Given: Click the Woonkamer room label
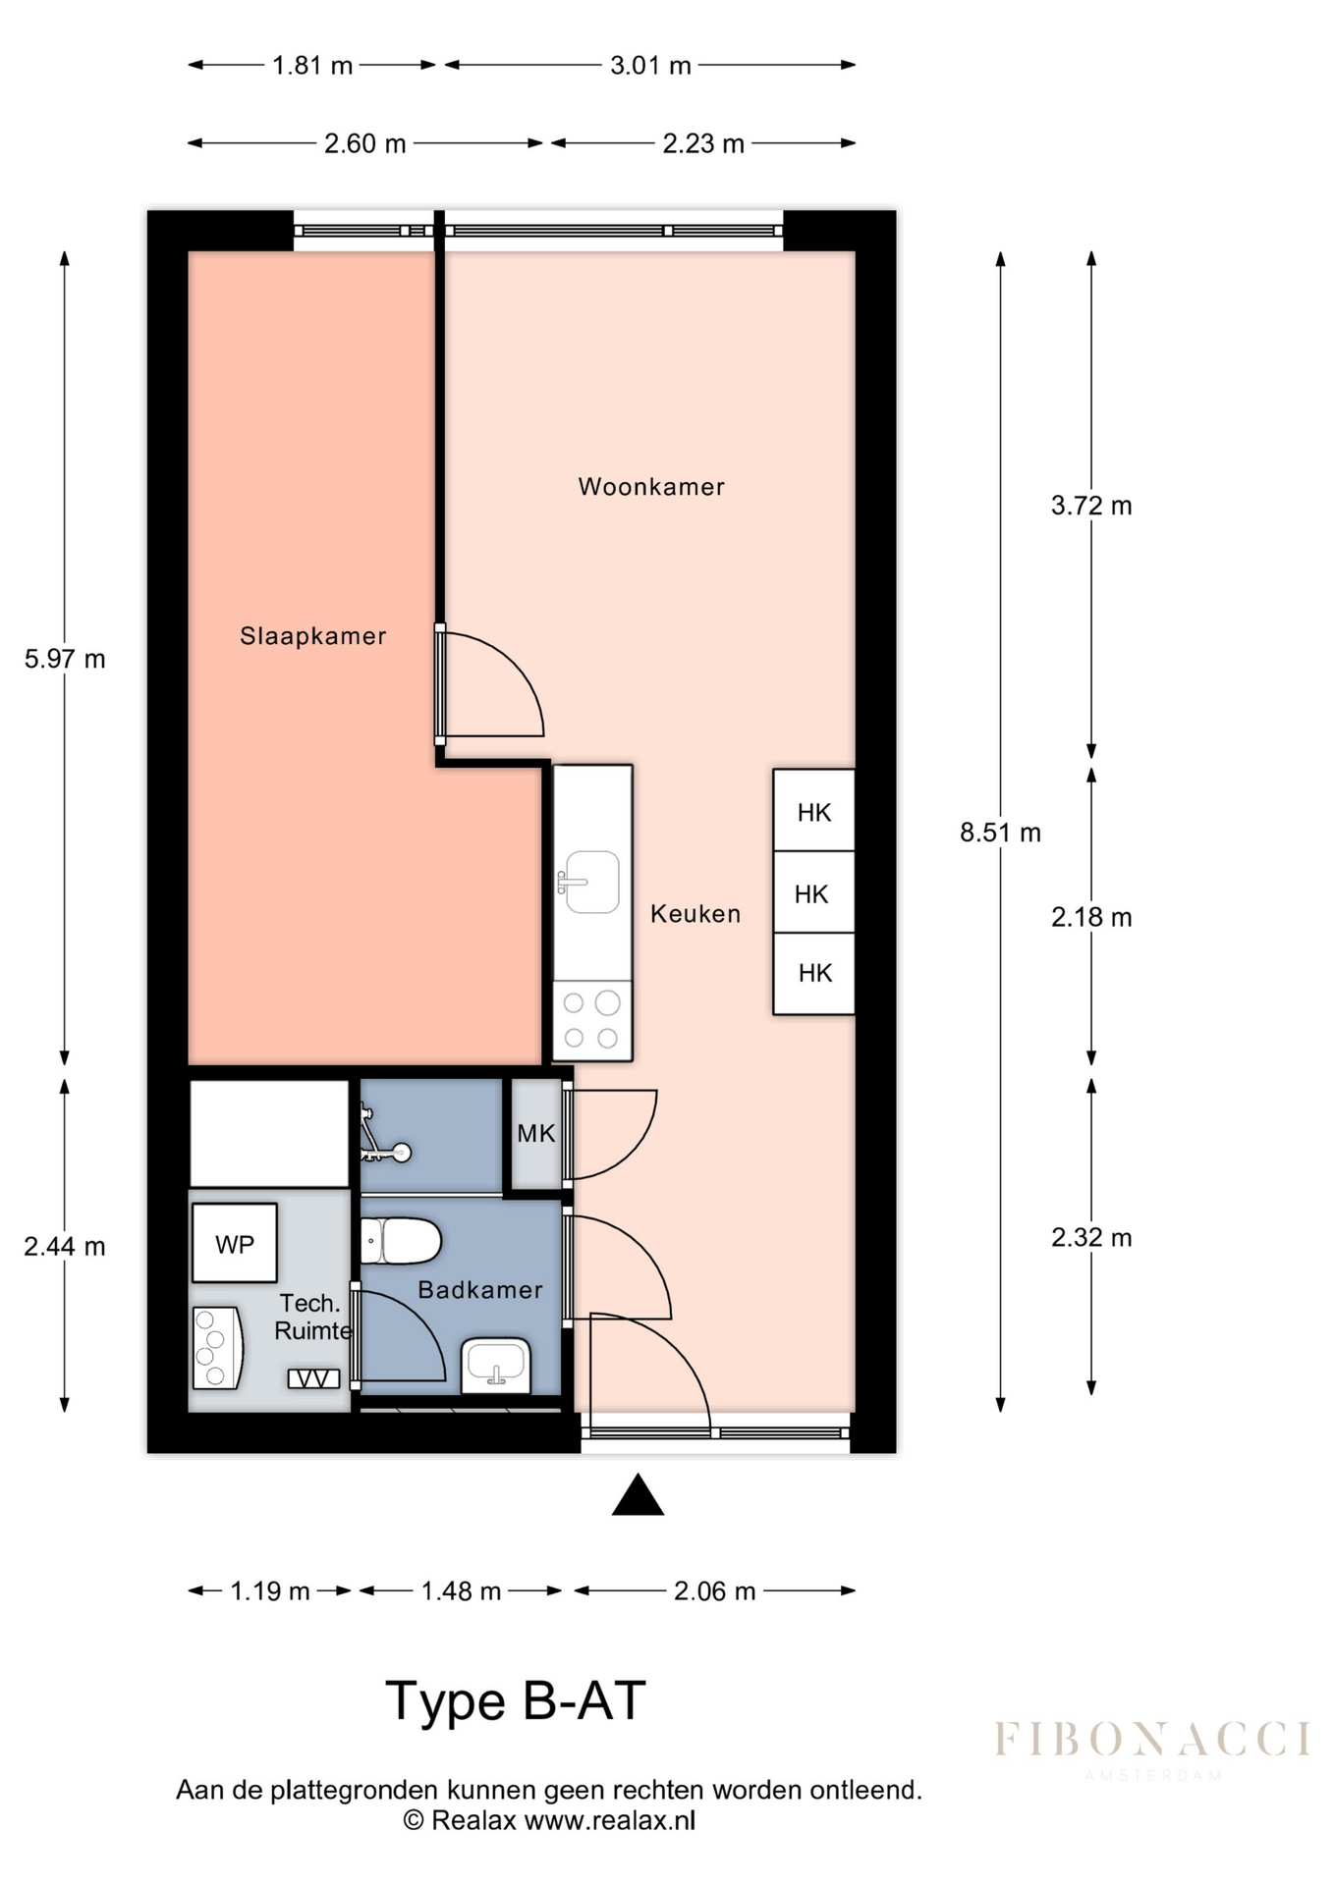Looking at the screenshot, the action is click(651, 487).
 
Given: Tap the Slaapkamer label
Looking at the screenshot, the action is click(313, 636).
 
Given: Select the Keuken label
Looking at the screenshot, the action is click(695, 914).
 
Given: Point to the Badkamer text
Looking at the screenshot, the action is click(480, 1290).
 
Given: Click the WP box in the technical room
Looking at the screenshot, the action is click(235, 1244).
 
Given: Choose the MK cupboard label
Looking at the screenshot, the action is click(536, 1134).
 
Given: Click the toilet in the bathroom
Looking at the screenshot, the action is click(400, 1241).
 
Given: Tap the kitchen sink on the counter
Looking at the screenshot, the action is click(590, 882).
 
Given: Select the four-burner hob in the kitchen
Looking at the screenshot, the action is click(591, 1021).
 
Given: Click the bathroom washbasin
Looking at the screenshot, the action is click(497, 1366).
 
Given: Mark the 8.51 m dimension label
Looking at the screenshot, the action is click(1000, 833).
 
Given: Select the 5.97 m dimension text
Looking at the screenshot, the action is click(65, 659).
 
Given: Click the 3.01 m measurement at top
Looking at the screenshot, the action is click(650, 66).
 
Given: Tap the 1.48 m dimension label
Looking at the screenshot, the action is click(461, 1591).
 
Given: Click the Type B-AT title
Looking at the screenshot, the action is click(516, 1701).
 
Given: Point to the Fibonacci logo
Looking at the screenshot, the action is click(1152, 1749).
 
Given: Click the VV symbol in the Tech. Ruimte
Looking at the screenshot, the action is click(313, 1379).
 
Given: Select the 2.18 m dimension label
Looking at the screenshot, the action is click(1091, 917).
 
